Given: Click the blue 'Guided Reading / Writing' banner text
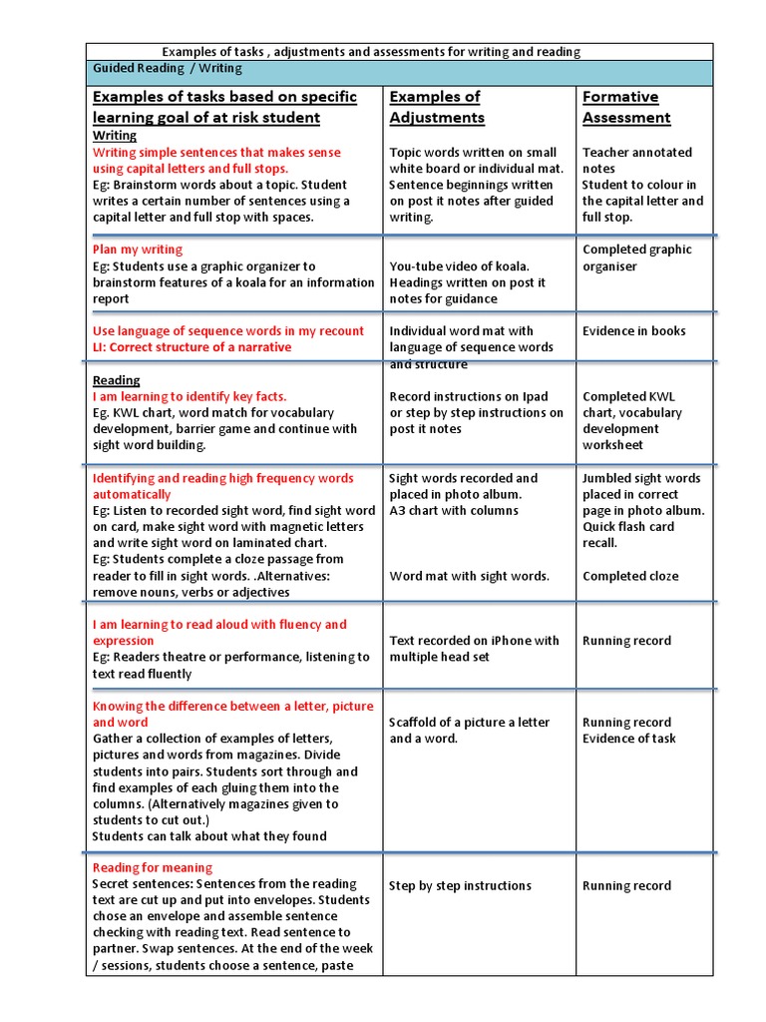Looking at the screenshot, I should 168,69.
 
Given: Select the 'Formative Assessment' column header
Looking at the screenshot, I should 625,107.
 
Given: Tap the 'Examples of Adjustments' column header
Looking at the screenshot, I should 437,107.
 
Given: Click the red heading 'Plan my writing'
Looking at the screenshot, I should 138,250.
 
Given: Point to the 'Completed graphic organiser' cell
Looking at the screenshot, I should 636,257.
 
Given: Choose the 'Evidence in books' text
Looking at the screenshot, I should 634,331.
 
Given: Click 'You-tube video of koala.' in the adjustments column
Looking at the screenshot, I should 459,266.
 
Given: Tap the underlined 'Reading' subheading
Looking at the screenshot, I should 117,380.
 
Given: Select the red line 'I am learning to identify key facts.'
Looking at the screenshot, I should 190,396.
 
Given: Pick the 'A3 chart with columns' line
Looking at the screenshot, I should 454,510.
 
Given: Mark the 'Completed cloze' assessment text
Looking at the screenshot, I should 630,576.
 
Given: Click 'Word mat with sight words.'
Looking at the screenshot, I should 469,576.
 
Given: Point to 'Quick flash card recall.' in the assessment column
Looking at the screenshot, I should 628,535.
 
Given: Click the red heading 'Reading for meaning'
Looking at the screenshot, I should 153,868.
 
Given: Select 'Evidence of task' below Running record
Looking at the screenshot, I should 629,739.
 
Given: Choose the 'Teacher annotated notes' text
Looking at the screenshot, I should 636,161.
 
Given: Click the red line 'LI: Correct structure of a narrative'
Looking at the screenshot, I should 192,347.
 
